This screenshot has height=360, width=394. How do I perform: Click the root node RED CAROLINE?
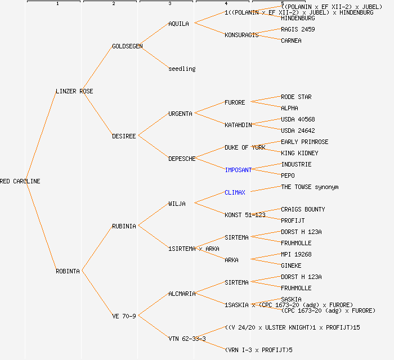coord(20,181)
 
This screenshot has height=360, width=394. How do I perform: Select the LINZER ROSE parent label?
coord(74,91)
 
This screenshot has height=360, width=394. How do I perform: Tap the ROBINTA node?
coord(68,271)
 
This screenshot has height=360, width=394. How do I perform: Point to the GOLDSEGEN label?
coord(127,46)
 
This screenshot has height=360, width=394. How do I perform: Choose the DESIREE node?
coord(124,136)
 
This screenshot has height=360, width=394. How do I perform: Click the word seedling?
coord(182,69)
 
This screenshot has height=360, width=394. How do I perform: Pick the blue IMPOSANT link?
coord(238,170)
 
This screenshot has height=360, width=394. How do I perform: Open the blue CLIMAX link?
coord(235,192)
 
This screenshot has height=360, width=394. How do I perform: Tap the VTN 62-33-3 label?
coord(187,339)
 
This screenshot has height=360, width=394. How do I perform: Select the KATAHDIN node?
coord(238,125)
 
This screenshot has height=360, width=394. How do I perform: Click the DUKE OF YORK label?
coord(245,147)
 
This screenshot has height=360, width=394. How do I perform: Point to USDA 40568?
coord(298,119)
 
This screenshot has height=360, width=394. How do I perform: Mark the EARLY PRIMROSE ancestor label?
coord(305,142)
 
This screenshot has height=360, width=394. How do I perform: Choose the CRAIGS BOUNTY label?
coord(303,209)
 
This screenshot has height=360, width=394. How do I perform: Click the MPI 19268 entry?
coord(296,254)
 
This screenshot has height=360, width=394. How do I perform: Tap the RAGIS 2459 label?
coord(298,29)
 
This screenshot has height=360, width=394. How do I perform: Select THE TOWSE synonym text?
coord(310,187)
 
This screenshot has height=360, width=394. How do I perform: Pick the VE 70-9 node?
coord(124,316)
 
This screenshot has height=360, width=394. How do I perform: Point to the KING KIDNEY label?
coord(299,153)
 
